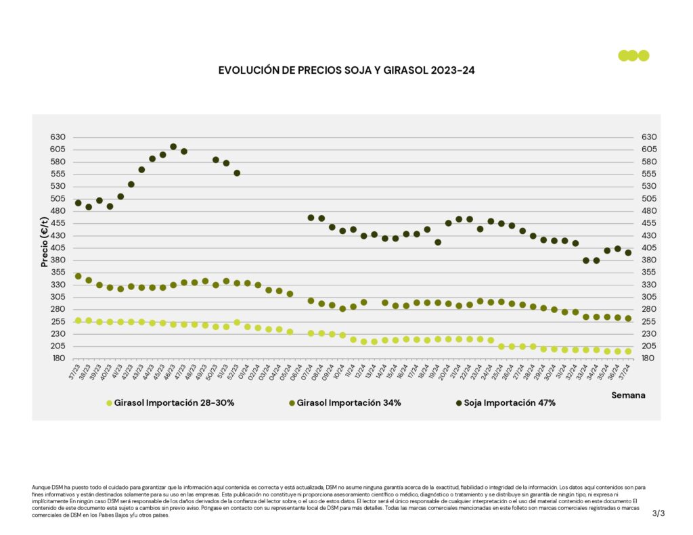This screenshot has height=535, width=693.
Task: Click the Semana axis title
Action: (x=628, y=394)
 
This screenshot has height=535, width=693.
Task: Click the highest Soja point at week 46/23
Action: (x=173, y=146)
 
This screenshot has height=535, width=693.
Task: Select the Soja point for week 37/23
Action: (x=78, y=203)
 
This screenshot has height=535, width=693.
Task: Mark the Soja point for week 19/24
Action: (x=438, y=242)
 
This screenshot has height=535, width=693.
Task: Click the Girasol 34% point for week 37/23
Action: (x=78, y=276)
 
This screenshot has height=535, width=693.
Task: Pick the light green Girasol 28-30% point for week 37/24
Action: (x=628, y=352)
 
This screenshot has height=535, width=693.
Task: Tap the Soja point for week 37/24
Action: (x=628, y=253)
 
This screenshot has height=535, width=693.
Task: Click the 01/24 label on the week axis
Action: (x=244, y=371)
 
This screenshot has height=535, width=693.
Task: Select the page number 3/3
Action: (x=658, y=513)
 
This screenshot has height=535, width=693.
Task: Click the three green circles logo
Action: (x=633, y=55)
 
